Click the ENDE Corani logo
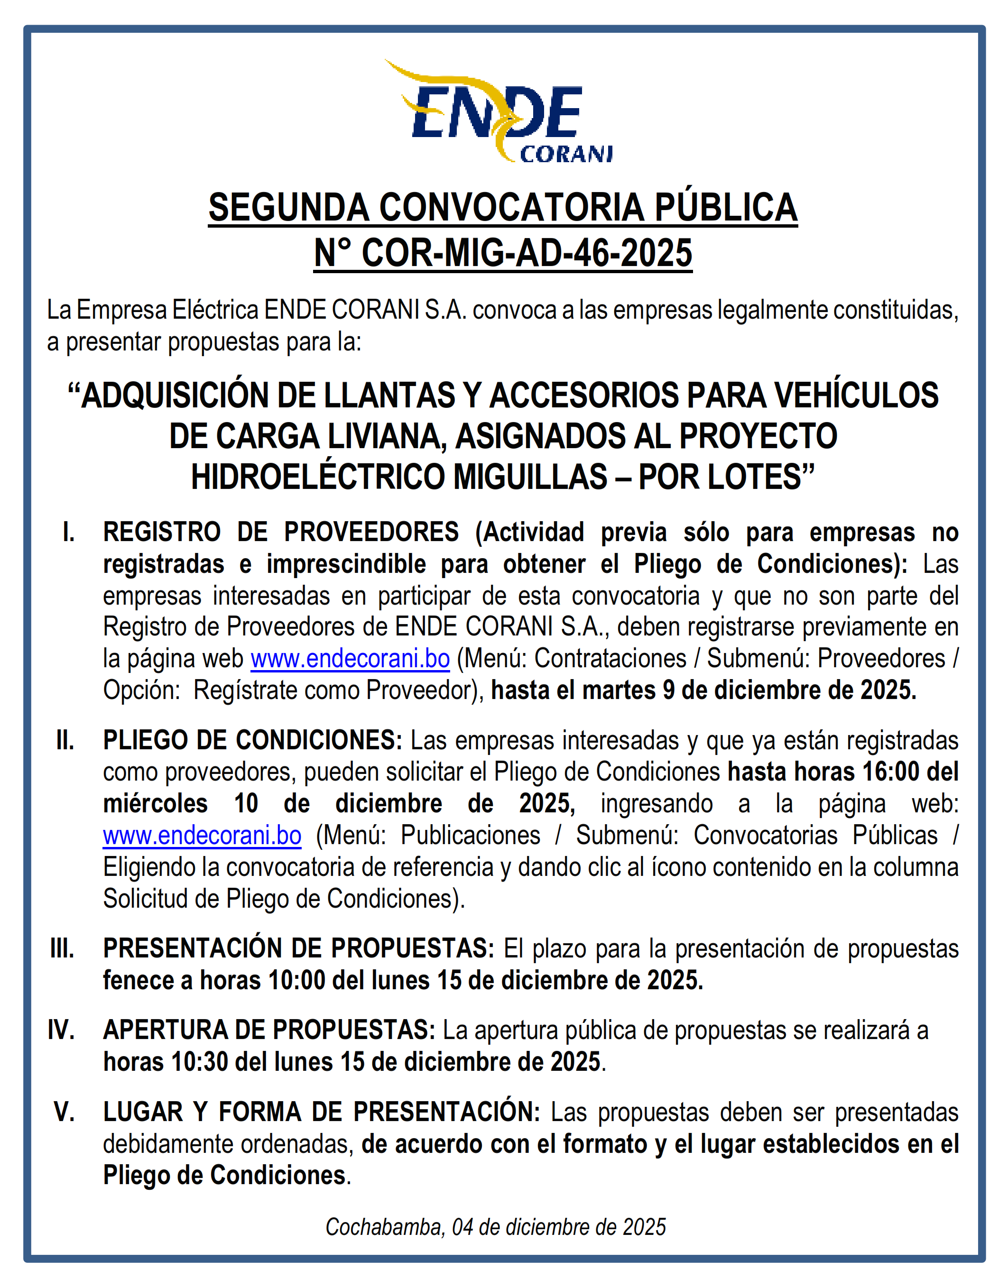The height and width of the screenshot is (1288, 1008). [x=499, y=112]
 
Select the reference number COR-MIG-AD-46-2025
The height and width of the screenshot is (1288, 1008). [x=527, y=253]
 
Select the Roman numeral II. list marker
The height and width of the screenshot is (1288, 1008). [x=65, y=740]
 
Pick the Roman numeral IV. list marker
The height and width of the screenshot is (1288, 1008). [x=61, y=1030]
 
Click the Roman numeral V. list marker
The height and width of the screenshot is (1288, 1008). [x=65, y=1112]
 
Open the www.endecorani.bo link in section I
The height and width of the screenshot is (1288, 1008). [x=350, y=658]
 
